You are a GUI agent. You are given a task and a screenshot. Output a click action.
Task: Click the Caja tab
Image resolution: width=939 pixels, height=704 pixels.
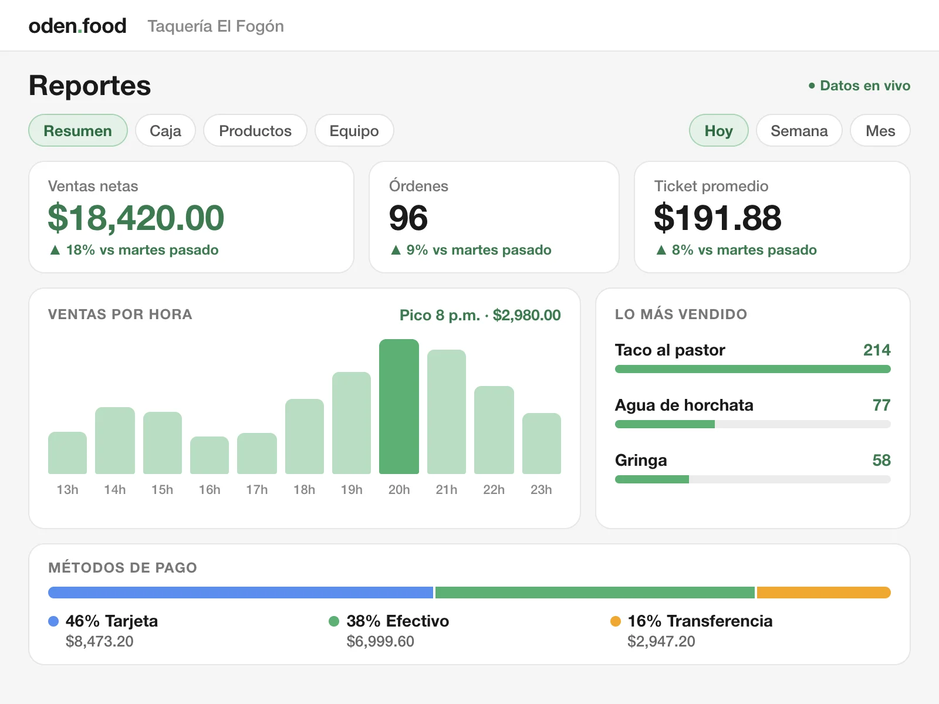click(x=165, y=130)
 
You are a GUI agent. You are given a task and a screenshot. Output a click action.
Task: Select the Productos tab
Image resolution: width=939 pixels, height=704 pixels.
click(x=255, y=130)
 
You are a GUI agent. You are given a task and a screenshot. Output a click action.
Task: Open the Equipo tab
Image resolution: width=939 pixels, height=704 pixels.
click(x=354, y=130)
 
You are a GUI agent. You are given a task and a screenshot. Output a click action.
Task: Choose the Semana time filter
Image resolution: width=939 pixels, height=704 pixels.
click(x=799, y=130)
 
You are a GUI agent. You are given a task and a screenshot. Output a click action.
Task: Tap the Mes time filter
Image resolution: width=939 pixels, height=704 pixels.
click(x=880, y=130)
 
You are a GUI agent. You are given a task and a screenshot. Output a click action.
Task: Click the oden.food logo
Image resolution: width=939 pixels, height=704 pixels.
click(x=77, y=26)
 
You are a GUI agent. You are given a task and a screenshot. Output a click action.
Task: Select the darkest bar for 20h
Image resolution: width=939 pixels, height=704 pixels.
click(x=398, y=407)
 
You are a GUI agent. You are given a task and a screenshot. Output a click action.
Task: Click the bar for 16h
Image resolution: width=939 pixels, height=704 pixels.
click(x=209, y=455)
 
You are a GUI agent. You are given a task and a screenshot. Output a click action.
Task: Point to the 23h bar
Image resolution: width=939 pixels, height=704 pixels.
click(x=541, y=444)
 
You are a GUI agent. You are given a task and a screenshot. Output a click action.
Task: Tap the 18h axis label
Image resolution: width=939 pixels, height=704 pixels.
click(x=304, y=489)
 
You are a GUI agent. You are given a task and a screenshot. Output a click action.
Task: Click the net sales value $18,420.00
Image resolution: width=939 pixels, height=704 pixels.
click(x=136, y=218)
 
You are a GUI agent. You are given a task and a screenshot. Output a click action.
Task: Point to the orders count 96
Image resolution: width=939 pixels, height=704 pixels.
click(x=408, y=218)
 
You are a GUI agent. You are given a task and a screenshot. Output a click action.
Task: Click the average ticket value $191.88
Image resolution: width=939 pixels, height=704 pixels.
click(x=717, y=218)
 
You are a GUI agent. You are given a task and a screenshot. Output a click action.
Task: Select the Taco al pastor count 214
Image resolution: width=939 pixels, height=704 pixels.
click(x=877, y=350)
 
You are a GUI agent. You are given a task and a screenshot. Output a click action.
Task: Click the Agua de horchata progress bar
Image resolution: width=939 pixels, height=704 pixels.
click(x=752, y=424)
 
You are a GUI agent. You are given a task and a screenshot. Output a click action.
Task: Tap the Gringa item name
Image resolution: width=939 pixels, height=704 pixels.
click(x=641, y=461)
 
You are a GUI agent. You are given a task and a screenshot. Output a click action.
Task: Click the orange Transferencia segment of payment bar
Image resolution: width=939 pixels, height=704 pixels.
click(x=823, y=593)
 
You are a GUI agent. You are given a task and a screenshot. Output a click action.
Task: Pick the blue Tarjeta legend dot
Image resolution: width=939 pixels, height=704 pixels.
click(x=53, y=621)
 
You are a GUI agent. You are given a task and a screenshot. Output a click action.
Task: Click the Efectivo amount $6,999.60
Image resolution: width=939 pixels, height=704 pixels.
click(x=380, y=641)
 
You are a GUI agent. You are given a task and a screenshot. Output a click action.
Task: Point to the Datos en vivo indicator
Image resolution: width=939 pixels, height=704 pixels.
click(x=859, y=86)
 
